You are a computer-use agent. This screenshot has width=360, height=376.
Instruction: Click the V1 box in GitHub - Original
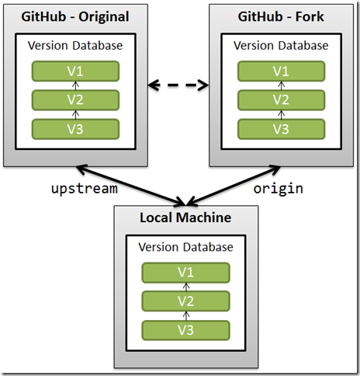point(75,71)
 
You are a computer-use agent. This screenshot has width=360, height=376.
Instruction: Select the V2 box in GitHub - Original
point(75,100)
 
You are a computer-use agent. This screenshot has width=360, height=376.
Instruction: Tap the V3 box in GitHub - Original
point(75,129)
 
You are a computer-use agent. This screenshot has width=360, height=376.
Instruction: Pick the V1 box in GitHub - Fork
point(282,71)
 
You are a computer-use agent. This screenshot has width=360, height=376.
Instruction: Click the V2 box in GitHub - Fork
point(282,100)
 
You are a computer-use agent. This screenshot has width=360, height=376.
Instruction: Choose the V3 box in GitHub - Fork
point(282,129)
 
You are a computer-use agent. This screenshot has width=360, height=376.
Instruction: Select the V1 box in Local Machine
point(185,273)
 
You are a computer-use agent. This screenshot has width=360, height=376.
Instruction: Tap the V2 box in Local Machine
point(185,301)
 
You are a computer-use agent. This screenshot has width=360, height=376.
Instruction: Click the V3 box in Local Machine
point(185,330)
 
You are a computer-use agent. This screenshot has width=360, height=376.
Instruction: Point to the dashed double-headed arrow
point(178,85)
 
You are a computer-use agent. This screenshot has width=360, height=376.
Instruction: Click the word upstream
point(85,189)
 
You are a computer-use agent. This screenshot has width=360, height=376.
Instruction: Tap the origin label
point(279,189)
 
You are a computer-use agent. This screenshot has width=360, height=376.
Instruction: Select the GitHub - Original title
point(75,16)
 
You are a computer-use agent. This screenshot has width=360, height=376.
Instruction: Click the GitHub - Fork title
point(281,16)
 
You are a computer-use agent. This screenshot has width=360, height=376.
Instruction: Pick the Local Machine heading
point(185,218)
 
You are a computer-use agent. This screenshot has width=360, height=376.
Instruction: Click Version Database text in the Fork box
point(281,46)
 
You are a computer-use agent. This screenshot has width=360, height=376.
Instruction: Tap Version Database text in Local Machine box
point(185,247)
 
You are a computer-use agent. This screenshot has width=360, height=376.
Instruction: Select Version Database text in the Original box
point(75,46)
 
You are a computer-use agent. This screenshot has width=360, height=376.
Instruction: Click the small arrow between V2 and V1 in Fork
point(282,85)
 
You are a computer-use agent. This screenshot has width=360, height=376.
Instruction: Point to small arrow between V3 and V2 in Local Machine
point(186,316)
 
